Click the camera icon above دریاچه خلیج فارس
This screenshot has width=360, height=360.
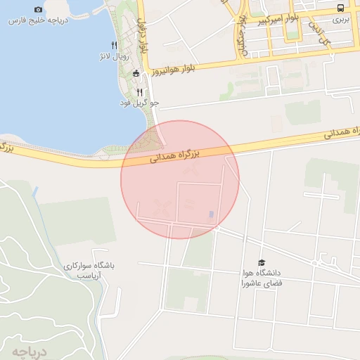[38, 10]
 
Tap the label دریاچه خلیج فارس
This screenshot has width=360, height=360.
[38, 21]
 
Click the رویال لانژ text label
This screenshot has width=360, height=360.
[115, 55]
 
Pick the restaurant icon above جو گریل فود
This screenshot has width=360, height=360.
[139, 92]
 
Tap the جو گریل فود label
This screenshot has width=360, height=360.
[139, 103]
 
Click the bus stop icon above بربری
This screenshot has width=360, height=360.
[341, 8]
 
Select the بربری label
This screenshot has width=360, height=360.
[340, 20]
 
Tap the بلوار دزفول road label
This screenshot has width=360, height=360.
[143, 39]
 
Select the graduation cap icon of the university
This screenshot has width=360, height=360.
[262, 262]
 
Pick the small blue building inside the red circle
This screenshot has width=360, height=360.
[212, 214]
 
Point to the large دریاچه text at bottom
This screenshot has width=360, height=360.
[28, 351]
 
